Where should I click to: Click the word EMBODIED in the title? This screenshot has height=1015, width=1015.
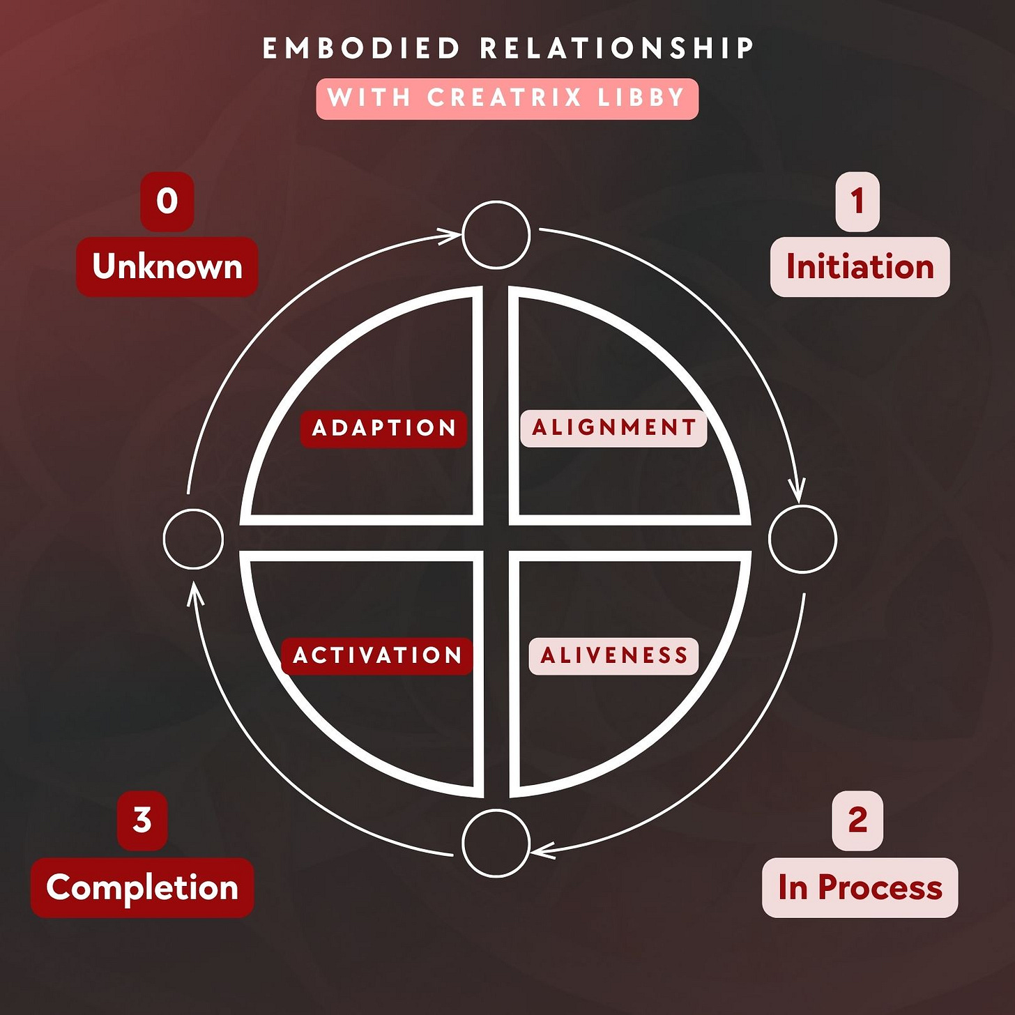[361, 49]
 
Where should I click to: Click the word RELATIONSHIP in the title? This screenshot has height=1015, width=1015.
[618, 49]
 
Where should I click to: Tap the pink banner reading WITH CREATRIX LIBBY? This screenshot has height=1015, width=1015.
[507, 98]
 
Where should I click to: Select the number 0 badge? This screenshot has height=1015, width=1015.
[167, 201]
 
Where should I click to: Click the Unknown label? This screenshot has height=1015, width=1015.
[167, 267]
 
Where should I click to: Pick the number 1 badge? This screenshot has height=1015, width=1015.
[857, 201]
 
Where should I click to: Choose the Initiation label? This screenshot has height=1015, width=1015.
[860, 267]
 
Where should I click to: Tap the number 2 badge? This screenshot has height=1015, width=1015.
[857, 821]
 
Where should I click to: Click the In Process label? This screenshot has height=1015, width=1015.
[860, 887]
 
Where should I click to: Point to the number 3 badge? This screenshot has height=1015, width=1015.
[142, 821]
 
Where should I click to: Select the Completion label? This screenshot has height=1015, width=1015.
[142, 887]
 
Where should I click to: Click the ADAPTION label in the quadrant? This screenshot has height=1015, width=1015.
[383, 428]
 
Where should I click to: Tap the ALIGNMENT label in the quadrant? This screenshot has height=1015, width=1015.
[613, 427]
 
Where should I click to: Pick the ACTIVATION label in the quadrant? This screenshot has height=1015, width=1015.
[377, 655]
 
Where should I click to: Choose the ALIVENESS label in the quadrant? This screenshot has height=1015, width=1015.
[613, 655]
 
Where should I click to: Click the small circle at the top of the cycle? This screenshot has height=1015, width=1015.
[496, 235]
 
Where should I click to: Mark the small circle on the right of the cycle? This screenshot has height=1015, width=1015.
[802, 539]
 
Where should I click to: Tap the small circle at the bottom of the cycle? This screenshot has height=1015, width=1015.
[496, 843]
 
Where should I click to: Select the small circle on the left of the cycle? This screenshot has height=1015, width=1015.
[193, 539]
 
